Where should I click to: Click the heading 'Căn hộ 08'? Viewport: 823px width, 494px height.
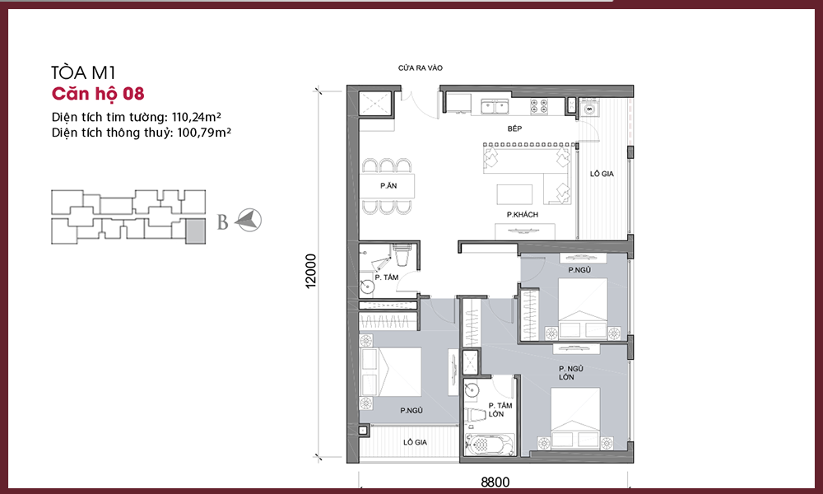click(98, 93)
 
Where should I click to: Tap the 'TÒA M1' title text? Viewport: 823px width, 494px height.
click(83, 72)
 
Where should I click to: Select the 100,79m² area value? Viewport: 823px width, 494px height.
click(204, 133)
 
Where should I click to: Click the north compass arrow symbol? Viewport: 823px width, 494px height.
click(249, 220)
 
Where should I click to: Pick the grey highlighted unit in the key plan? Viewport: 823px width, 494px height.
click(196, 231)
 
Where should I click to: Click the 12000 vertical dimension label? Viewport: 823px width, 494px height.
click(311, 271)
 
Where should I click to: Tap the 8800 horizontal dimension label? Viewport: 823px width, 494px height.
click(495, 482)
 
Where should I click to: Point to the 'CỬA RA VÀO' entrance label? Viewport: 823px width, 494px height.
click(421, 68)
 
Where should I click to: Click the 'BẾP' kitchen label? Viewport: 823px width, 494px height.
click(514, 128)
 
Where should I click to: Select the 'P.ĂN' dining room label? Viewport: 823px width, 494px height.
click(388, 186)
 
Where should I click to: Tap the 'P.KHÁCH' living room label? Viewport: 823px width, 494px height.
click(523, 214)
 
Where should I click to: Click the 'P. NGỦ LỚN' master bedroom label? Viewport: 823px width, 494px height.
click(570, 373)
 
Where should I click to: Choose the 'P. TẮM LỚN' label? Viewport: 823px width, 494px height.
click(500, 409)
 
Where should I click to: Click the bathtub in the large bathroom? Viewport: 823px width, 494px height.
click(489, 446)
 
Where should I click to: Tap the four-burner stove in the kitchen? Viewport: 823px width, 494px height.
click(539, 106)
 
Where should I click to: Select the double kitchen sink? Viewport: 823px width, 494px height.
click(495, 106)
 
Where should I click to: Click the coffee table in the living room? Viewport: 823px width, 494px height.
click(514, 194)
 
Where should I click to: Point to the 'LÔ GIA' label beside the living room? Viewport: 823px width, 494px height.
click(602, 174)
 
